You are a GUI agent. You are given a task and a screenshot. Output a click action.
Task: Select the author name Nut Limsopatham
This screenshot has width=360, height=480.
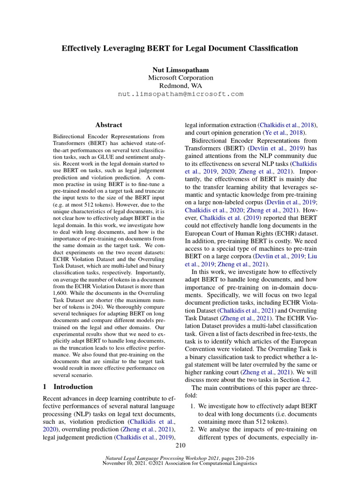pos(180,70)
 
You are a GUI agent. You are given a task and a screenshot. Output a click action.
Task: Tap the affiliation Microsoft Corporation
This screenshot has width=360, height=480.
pos(180,78)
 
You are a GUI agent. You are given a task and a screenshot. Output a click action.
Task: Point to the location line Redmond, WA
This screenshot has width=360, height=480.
pos(180,86)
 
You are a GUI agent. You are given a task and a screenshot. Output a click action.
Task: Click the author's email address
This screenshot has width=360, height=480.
pos(180,94)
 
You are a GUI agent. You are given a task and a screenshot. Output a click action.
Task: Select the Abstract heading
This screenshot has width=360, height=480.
pos(109,125)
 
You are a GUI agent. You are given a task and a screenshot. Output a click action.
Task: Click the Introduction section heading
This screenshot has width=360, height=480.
pos(73,387)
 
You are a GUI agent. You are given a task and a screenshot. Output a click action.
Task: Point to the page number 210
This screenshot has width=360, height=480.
pos(180,445)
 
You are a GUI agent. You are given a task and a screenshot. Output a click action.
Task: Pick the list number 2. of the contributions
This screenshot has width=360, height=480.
pos(193,429)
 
